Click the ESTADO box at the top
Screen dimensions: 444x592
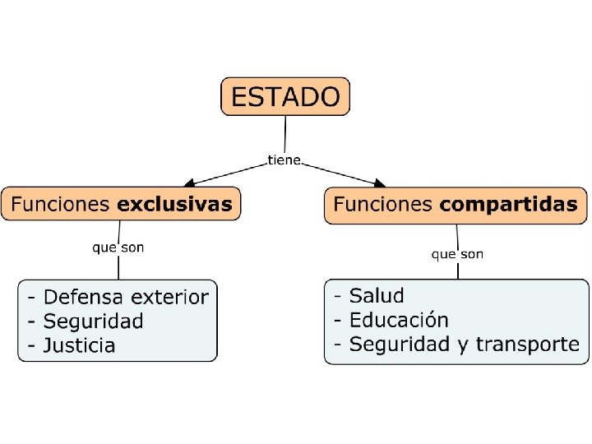click(285, 96)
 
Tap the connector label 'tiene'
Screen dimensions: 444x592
click(284, 160)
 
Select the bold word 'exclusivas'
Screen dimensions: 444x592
click(174, 204)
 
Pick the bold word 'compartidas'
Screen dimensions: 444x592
click(508, 205)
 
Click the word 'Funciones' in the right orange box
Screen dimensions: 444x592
click(383, 205)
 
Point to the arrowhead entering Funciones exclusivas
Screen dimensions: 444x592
click(188, 183)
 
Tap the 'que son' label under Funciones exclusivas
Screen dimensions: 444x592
click(118, 247)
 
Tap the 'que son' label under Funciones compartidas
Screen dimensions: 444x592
click(457, 254)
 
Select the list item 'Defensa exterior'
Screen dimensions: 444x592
click(126, 297)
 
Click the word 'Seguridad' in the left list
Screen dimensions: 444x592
click(93, 321)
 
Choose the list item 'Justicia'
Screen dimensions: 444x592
click(79, 345)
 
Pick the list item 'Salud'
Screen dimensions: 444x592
click(377, 295)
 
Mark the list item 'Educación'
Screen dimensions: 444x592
click(399, 320)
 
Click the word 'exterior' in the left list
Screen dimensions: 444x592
click(170, 297)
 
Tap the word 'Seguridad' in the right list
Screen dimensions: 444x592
click(399, 345)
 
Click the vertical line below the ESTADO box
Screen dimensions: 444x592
click(284, 132)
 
